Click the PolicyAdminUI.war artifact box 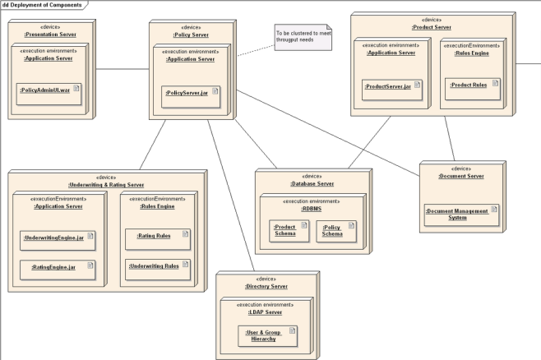[49, 94]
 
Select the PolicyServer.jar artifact [191, 97]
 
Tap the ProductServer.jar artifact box [392, 90]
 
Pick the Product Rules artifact [472, 89]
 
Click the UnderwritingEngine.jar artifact [58, 241]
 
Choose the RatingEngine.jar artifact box [58, 270]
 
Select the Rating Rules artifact [158, 239]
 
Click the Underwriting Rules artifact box [158, 270]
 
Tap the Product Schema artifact [289, 231]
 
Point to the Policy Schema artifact [336, 232]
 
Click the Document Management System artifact [461, 215]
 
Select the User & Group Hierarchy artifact [267, 336]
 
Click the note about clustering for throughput [303, 37]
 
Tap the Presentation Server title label [50, 35]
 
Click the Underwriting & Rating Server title [106, 185]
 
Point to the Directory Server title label [266, 286]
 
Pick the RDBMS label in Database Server [312, 209]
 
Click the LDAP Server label [265, 312]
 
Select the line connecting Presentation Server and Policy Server [123, 69]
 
